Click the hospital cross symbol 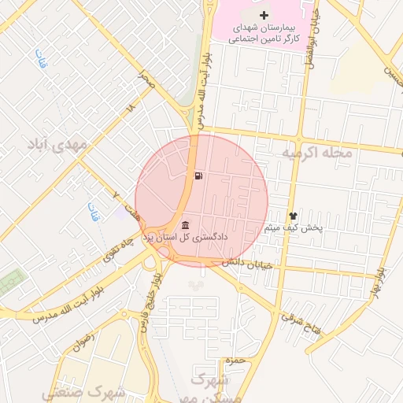tap(264, 16)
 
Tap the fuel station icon tap(196, 176)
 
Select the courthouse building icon tap(185, 225)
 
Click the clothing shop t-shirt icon tap(294, 214)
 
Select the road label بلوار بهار tap(379, 283)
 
